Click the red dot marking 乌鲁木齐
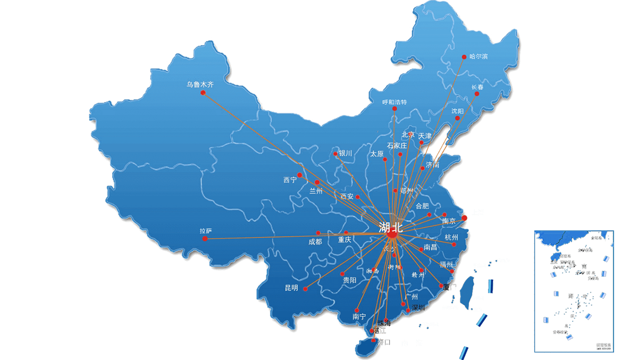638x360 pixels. (203, 93)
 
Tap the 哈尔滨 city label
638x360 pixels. (478, 56)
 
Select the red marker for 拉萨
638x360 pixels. (205, 239)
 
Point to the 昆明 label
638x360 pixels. (291, 288)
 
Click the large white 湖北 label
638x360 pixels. (390, 227)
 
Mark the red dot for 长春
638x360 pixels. (477, 94)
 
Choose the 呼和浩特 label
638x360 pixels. (394, 102)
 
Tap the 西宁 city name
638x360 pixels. (290, 180)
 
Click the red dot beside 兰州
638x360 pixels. (317, 182)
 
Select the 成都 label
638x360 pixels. (315, 242)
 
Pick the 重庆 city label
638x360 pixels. (345, 240)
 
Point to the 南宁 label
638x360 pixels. (359, 317)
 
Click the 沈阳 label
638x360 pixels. (458, 111)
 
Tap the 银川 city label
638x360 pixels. (346, 154)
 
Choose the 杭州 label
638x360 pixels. (451, 237)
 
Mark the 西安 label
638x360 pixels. (347, 196)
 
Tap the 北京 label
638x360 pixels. (408, 135)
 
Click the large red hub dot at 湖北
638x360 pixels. (393, 234)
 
